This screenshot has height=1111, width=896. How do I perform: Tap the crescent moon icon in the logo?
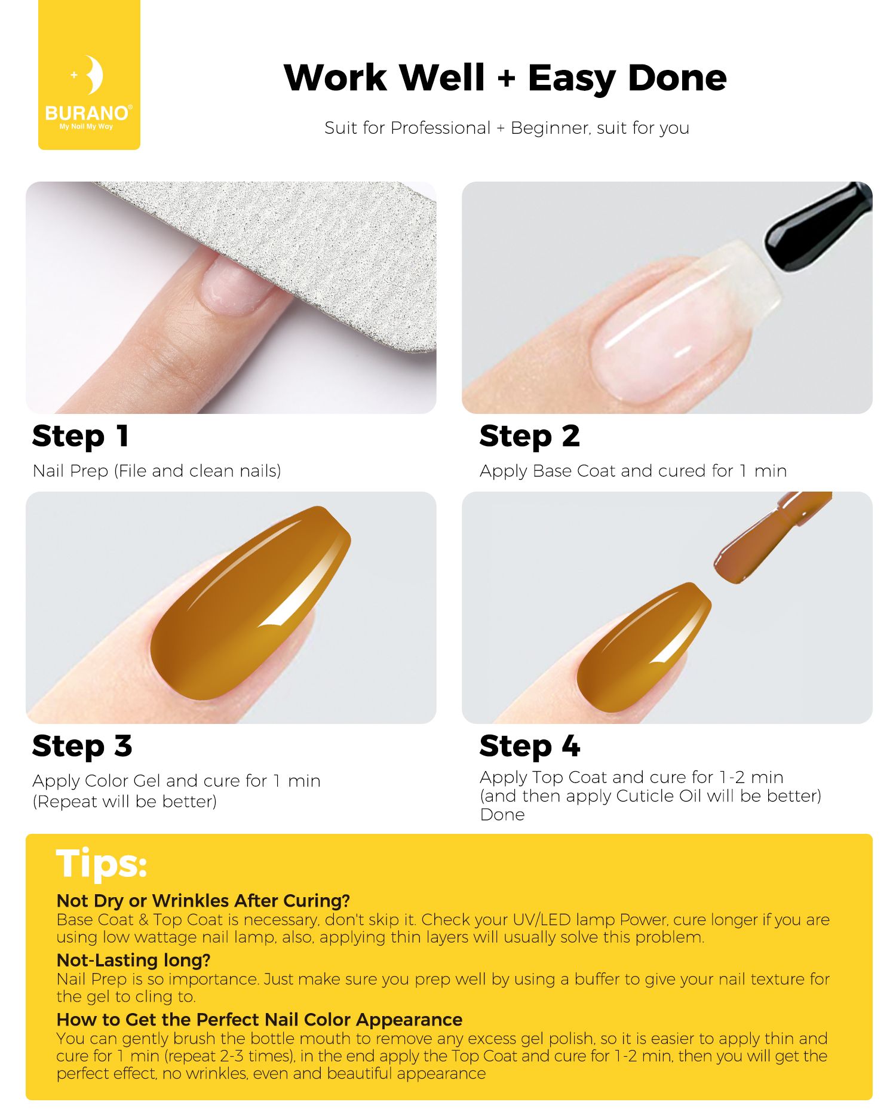coord(93,75)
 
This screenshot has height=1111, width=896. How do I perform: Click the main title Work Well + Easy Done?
coord(505,78)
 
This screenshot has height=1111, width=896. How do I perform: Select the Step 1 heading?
coord(81,437)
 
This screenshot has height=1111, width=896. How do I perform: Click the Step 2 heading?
coord(529,437)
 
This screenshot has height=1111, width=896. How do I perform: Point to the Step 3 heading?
coord(82,747)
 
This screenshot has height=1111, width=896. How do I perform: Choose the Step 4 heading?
coord(529,747)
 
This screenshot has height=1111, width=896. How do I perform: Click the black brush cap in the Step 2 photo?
coord(818,227)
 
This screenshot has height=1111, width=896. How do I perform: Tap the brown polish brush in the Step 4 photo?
coord(771,538)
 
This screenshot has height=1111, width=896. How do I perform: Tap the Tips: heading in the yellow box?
coord(102,864)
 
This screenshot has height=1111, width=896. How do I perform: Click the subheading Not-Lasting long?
coord(134,960)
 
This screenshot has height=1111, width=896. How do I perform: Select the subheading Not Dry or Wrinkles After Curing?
coord(203,901)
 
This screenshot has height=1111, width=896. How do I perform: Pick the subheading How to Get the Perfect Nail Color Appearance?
coord(259,1020)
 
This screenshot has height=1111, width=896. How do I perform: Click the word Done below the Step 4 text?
coord(502,815)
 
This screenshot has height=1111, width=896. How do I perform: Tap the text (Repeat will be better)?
coord(125,802)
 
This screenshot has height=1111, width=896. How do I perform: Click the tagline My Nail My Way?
coord(86,127)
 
